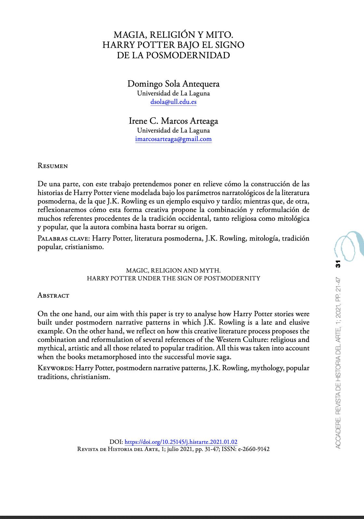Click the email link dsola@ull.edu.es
[x=173, y=102]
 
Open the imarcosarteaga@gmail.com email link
[x=173, y=139]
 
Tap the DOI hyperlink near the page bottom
[x=181, y=442]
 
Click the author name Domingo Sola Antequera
[x=173, y=84]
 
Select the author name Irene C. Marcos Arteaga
[x=173, y=121]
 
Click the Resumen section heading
[x=53, y=166]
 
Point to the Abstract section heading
[x=53, y=295]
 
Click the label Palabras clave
[x=63, y=238]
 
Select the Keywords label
[x=55, y=368]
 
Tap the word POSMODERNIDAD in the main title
[x=188, y=55]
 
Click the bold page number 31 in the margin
[x=338, y=264]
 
